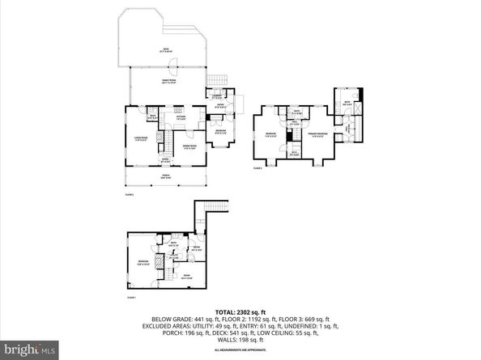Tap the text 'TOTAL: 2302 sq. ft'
(241, 311)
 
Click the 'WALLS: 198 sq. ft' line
(240, 338)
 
